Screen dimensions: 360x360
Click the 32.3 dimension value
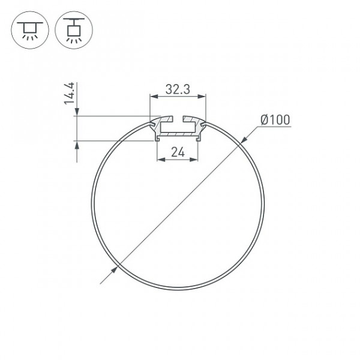(178, 89)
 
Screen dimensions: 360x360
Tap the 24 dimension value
(178, 152)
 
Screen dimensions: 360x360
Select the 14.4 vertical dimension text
(69, 93)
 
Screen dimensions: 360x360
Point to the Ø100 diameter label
(275, 120)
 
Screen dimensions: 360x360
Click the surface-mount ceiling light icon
(30, 30)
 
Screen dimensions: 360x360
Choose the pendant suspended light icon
(74, 30)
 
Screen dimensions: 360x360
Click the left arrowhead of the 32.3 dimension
(154, 97)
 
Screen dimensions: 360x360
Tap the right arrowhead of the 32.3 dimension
(202, 97)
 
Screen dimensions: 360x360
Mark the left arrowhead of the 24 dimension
(161, 160)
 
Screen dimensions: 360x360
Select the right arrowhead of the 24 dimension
(194, 160)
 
